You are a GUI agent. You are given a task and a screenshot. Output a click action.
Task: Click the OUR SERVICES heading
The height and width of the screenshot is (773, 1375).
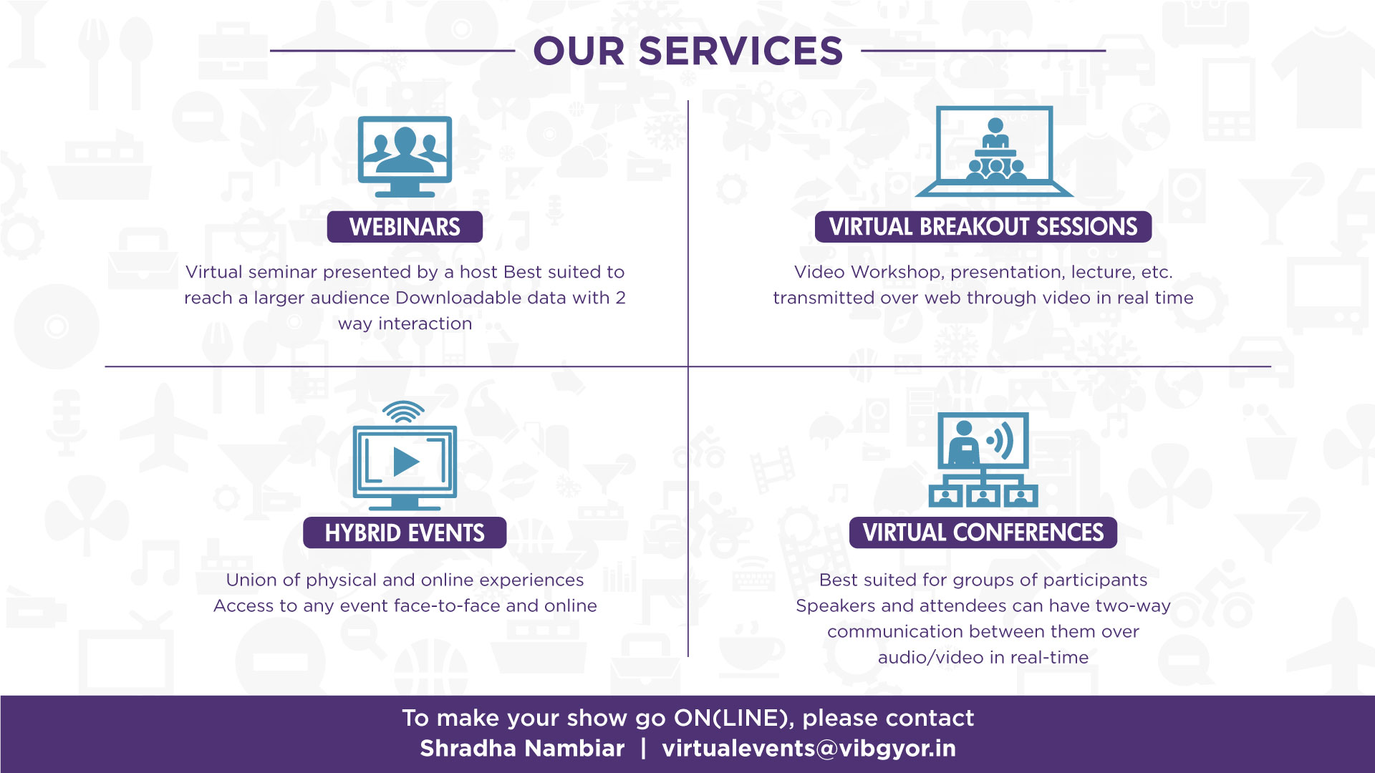pos(687,52)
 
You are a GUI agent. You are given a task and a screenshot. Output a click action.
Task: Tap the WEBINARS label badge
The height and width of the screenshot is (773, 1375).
pos(405,227)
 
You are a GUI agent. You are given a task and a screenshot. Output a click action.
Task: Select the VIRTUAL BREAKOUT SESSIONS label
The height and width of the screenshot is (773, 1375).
pos(983,227)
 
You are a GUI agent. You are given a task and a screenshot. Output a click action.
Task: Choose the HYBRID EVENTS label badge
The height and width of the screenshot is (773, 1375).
pos(405,533)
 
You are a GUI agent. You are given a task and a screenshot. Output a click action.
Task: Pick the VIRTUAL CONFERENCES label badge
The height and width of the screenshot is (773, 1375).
pos(983,533)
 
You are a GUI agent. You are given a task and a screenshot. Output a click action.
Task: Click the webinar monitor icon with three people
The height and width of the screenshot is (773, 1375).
pos(405,156)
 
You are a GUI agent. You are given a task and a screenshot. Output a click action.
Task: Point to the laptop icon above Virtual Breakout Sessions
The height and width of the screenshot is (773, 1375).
pos(994,152)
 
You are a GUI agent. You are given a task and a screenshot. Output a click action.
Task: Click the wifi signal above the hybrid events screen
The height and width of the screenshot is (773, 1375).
pos(403,412)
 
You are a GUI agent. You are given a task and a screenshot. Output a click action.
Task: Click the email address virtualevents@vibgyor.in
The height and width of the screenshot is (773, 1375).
pos(809,749)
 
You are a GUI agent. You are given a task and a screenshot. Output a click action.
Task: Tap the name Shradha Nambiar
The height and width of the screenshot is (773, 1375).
pos(522,749)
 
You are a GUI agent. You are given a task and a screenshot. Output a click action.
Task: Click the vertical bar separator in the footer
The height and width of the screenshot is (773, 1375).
pos(643,749)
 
